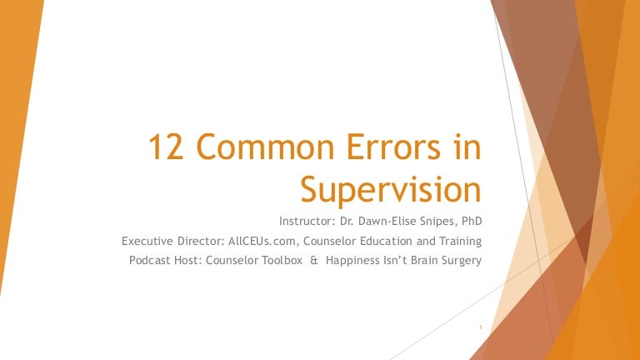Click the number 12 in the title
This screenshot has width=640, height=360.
(165, 150)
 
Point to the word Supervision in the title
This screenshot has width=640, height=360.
(388, 190)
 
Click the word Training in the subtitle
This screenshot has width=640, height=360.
(459, 241)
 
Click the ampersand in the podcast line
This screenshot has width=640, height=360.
(314, 260)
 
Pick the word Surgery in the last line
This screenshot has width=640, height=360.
(459, 260)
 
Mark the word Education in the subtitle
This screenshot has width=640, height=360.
(379, 241)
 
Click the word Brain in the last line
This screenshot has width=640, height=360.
(418, 260)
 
